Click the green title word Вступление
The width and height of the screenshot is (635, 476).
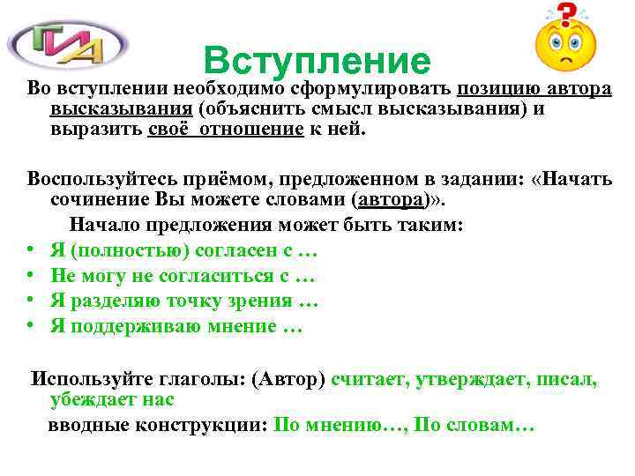point(317,60)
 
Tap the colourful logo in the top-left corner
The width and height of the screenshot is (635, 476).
point(68,42)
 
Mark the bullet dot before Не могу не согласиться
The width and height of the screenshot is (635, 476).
point(30,277)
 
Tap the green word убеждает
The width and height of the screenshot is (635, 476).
point(94,399)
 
